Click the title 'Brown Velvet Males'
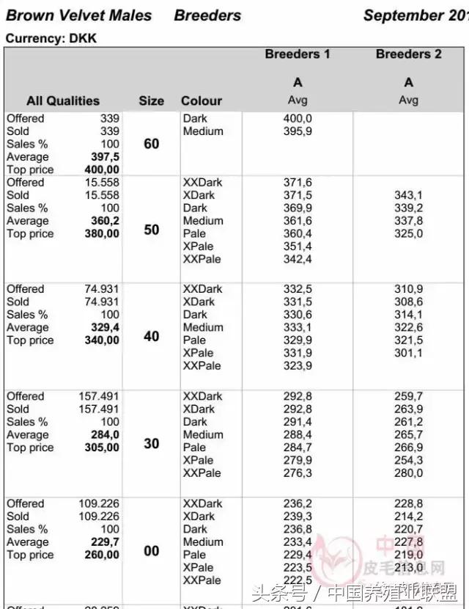pos(79,15)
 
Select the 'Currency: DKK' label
pos(51,38)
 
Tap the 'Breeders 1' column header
pos(298,54)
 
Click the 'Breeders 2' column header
pos(408,54)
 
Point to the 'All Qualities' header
pos(63,101)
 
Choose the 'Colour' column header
pos(202,101)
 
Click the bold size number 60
pos(151,144)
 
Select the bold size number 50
pos(151,230)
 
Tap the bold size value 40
pos(151,336)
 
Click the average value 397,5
pos(106,157)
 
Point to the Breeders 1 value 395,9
pos(298,131)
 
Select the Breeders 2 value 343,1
pos(408,195)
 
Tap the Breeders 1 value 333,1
pos(298,327)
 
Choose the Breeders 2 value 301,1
pos(408,353)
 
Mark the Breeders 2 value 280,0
pos(408,473)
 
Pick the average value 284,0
pos(106,434)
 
